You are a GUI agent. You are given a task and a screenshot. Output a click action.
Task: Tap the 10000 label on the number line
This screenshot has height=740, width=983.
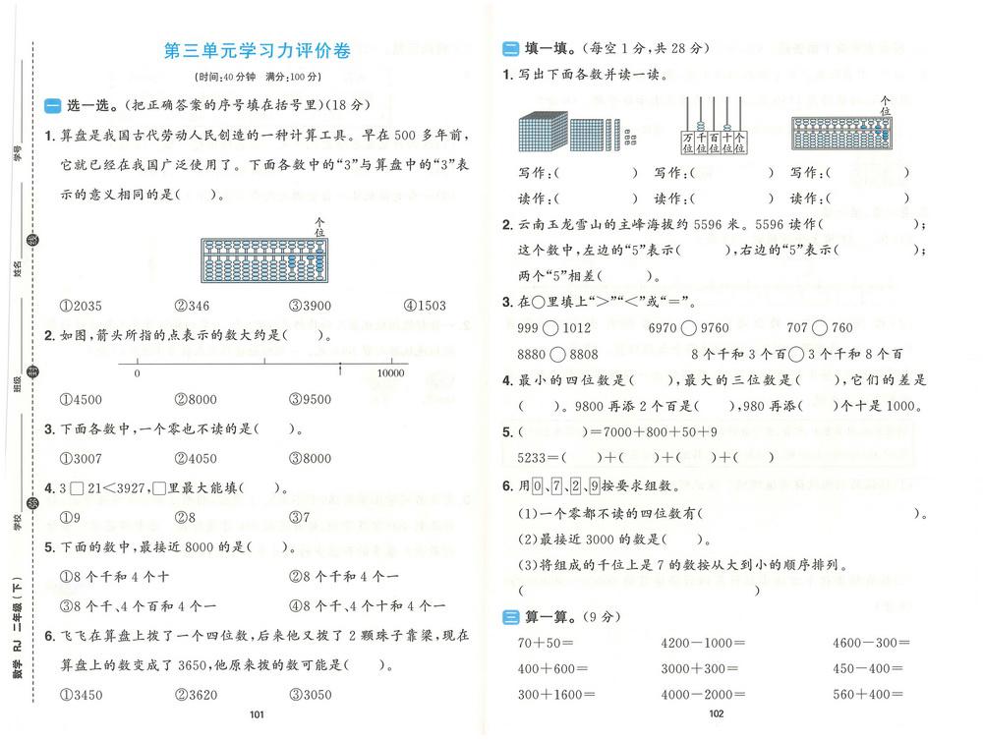coord(391,373)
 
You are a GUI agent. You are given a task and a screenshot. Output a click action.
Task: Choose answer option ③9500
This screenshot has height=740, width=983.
coord(310,399)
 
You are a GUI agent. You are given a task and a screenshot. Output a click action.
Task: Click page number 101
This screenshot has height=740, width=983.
coord(258,714)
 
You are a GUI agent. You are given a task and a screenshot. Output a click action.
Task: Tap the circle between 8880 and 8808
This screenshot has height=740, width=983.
coord(556,354)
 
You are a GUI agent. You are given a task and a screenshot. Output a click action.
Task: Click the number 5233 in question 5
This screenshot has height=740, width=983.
coord(537,457)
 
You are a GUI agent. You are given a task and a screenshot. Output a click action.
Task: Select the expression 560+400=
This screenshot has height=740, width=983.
coord(866,695)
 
